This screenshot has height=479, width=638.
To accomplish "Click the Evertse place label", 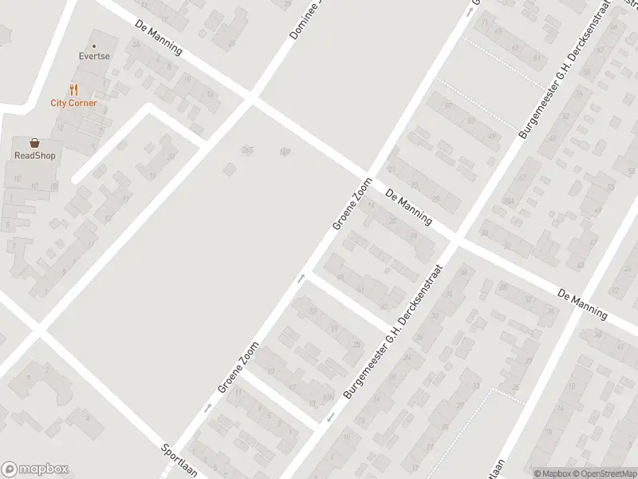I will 93,57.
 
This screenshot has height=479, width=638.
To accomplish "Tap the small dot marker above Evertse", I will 93,46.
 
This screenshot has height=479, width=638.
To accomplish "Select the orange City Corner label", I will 73,103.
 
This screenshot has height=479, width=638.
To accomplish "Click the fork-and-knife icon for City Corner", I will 73,89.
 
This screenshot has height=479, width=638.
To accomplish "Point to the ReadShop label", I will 34,156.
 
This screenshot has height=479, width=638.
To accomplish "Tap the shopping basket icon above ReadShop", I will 34,143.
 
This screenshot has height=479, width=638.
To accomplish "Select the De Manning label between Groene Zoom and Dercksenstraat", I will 408,207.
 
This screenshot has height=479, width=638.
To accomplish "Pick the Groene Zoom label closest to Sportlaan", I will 239,366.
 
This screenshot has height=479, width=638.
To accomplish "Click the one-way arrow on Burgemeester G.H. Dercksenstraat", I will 329,418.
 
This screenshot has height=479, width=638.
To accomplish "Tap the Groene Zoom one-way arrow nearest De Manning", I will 302,278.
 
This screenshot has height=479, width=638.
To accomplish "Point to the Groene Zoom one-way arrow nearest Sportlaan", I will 208,407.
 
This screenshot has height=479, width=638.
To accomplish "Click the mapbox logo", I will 34,469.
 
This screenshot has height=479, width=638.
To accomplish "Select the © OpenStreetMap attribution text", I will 605,473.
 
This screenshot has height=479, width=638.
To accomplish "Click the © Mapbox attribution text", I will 553,473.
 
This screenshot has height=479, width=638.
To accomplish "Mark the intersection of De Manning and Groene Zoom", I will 368,176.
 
